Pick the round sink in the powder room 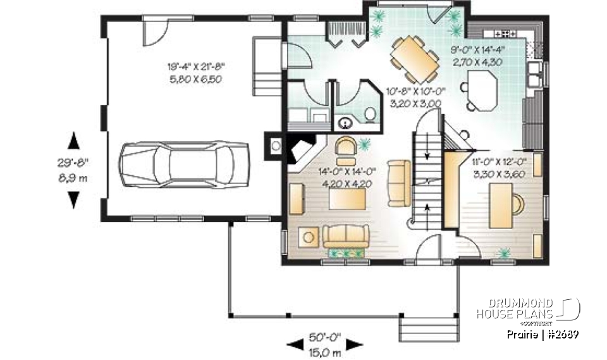tap(346, 123)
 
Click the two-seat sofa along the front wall tap(345, 237)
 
